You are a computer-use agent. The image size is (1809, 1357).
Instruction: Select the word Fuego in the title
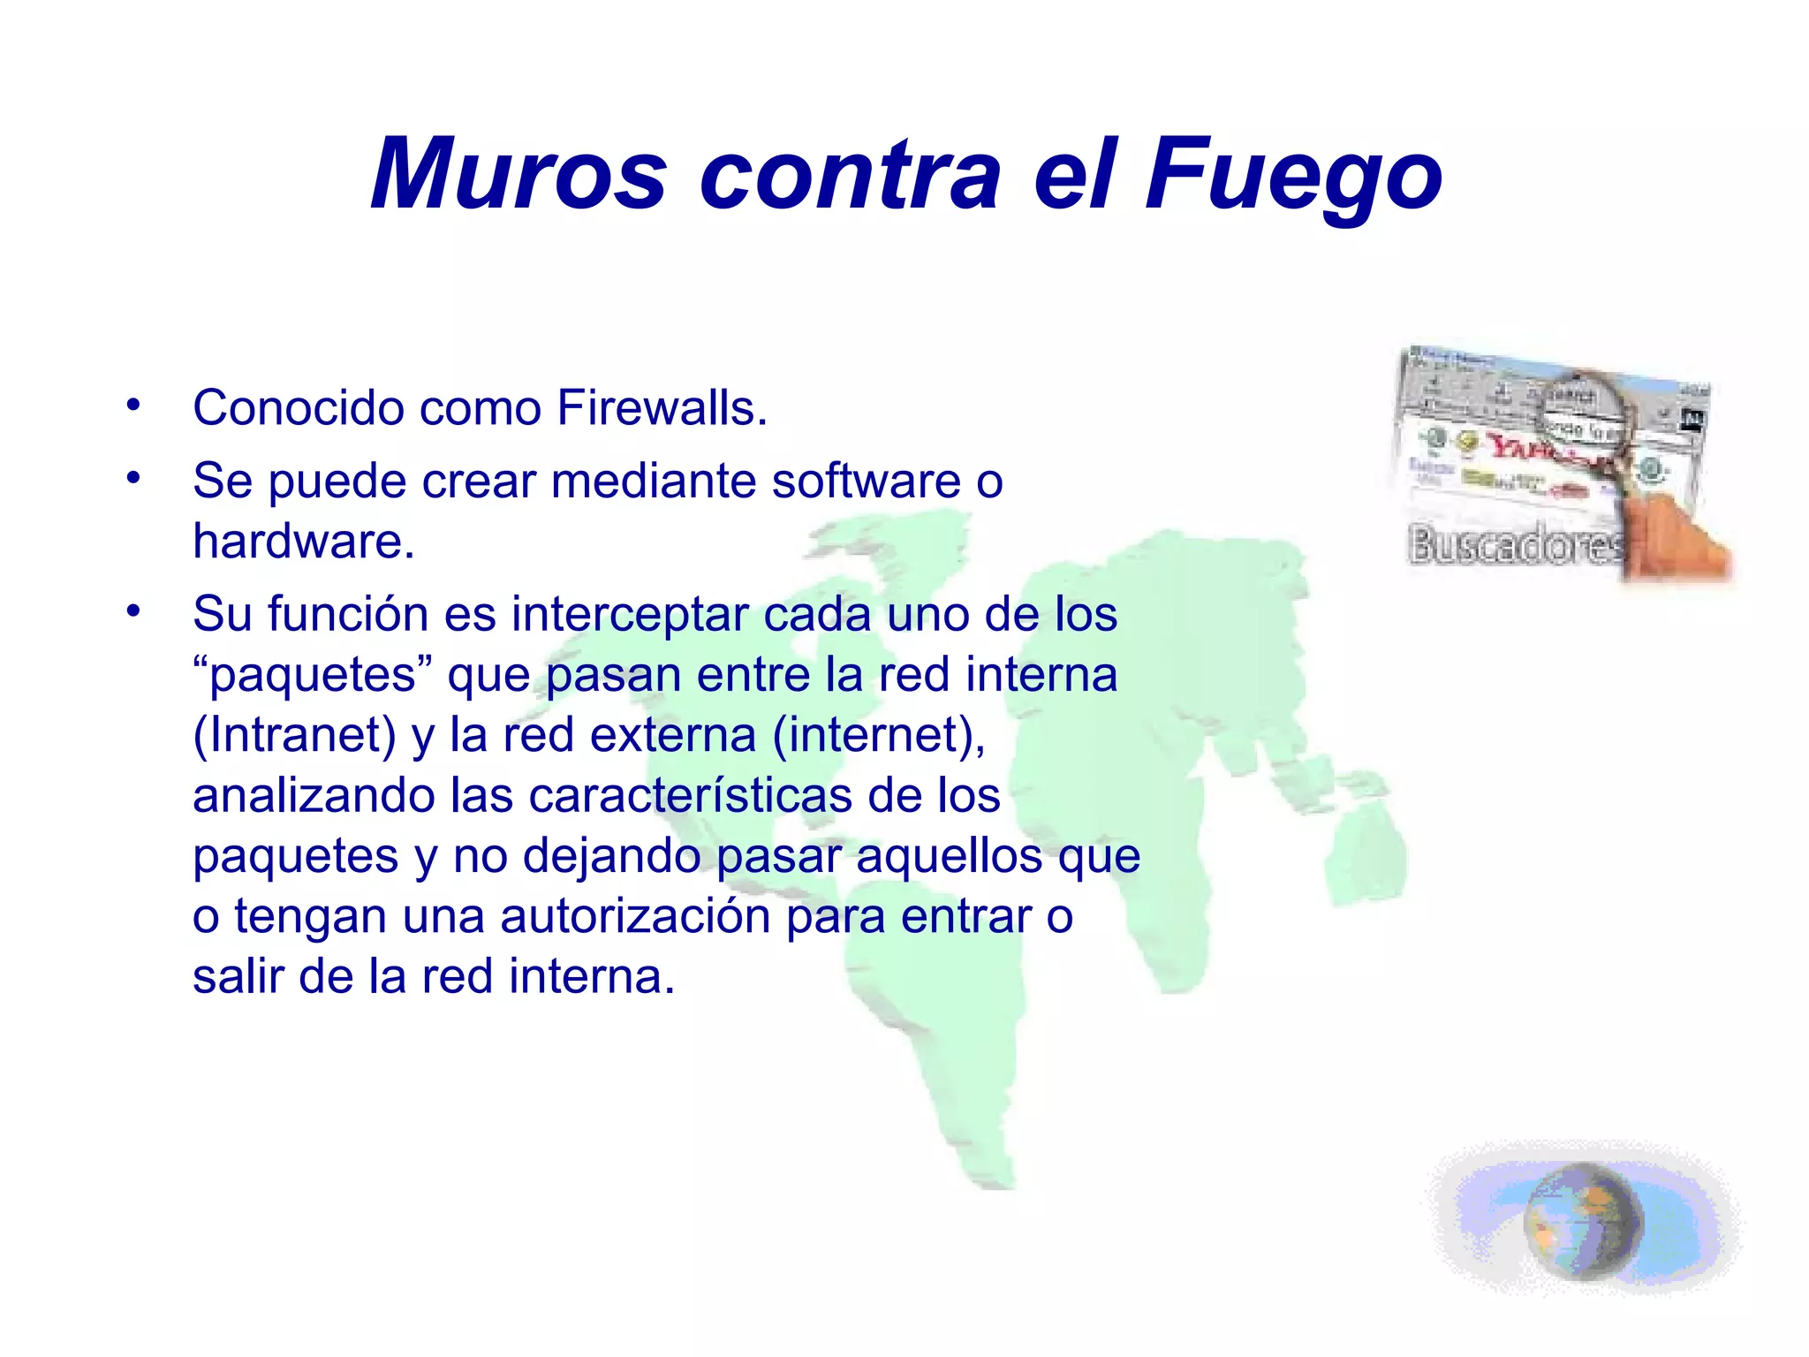(1293, 175)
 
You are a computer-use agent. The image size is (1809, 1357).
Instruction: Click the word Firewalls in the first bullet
(662, 408)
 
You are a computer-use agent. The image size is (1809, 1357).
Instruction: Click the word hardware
(303, 542)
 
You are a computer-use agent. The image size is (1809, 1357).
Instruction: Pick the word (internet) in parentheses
(879, 735)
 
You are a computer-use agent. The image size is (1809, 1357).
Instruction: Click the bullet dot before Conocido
(133, 406)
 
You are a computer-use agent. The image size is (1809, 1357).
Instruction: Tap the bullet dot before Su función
(133, 611)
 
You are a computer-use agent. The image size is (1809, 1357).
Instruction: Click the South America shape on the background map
(936, 1042)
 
